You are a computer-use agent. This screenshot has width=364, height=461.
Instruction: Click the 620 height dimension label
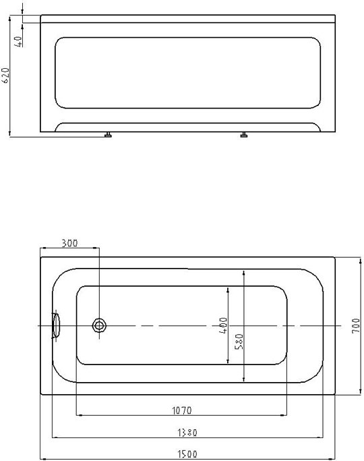(x=6, y=76)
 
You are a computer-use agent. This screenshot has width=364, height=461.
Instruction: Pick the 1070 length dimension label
(x=182, y=409)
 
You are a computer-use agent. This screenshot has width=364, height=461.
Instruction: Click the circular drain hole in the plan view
(x=100, y=327)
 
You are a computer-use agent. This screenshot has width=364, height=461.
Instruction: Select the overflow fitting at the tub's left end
(x=55, y=325)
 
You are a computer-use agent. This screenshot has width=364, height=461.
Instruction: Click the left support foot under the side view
(x=107, y=135)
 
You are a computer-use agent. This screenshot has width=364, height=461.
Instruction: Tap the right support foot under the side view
(x=244, y=135)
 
